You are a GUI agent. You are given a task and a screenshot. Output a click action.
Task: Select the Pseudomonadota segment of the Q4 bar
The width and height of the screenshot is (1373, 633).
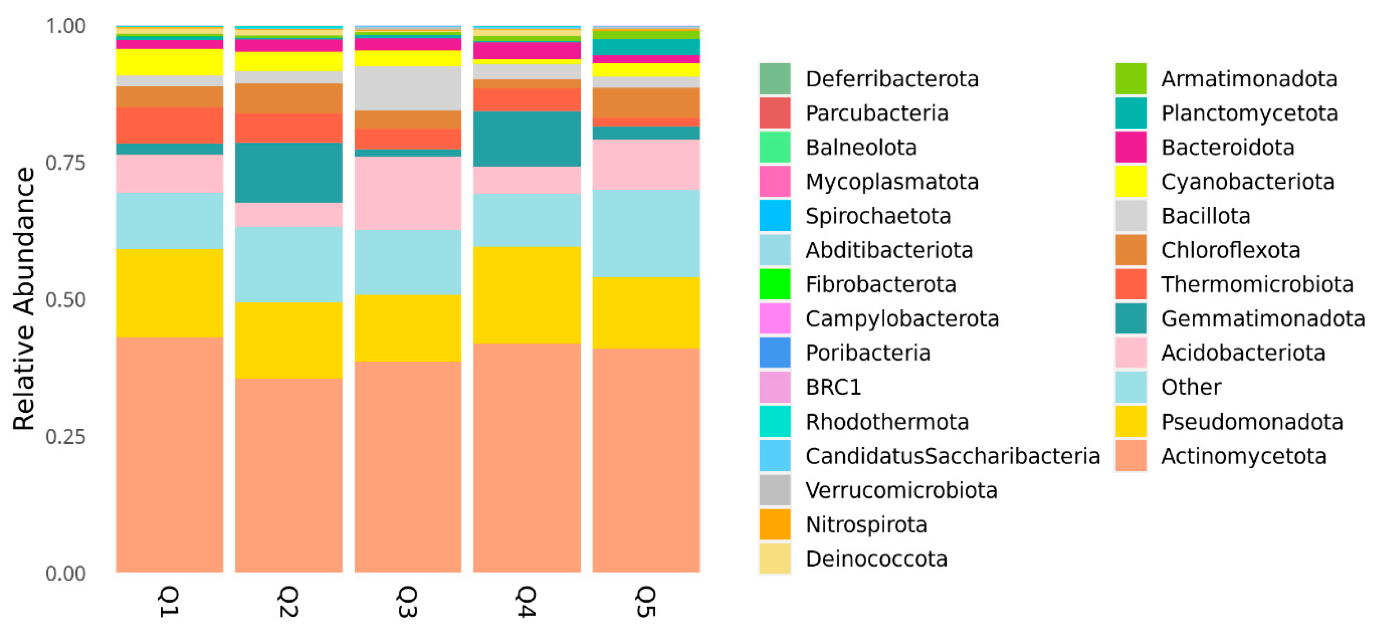[527, 295]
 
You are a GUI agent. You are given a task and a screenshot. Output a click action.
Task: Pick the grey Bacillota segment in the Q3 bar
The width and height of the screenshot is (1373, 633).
[408, 88]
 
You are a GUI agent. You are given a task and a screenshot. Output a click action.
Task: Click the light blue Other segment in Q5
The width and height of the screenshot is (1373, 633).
[646, 233]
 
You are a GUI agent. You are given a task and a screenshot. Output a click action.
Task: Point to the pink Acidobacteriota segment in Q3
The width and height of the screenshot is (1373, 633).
[408, 193]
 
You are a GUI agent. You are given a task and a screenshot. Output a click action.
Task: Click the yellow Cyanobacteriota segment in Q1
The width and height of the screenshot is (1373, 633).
[169, 62]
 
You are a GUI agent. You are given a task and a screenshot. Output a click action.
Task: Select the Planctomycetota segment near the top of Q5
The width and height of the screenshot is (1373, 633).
[646, 47]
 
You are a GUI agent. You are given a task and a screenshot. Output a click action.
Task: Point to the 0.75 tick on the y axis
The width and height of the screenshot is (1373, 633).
[65, 163]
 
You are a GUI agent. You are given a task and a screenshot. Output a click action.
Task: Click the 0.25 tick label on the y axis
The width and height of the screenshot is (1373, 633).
[65, 437]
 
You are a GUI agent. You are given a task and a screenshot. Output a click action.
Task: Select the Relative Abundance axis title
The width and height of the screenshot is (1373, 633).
[23, 298]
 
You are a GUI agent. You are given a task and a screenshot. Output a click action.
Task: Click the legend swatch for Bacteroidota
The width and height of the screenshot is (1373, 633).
[1130, 147]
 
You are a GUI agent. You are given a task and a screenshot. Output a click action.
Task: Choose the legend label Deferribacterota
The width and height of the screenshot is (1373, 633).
[892, 79]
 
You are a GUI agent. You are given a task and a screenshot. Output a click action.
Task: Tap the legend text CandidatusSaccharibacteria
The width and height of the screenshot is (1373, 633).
[953, 456]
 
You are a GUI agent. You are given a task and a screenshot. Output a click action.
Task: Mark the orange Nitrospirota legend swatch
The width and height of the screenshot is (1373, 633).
[775, 524]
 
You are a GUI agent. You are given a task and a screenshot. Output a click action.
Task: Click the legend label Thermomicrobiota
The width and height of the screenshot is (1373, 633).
[1257, 284]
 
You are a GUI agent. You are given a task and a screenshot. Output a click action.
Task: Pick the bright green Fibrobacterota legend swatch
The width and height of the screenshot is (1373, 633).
[775, 284]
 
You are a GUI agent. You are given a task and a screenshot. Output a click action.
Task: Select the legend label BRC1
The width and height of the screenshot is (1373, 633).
[833, 387]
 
